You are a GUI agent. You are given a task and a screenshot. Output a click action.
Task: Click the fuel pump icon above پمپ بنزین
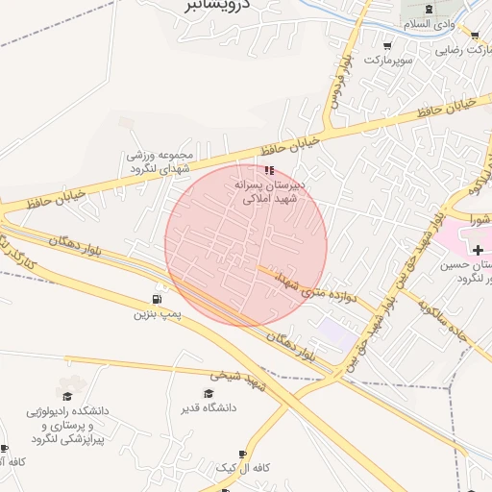157,298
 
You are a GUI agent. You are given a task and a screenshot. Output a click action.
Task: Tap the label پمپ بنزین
157,313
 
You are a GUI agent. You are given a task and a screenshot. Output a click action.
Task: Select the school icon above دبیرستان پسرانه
268,169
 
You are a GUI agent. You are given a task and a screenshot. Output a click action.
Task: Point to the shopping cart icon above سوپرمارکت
387,45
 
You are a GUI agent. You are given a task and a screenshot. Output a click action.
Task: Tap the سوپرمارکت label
387,60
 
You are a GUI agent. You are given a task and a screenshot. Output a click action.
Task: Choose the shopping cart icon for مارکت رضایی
474,36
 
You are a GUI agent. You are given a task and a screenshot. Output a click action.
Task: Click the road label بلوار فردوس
337,91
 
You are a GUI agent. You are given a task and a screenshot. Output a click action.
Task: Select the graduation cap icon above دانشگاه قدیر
208,393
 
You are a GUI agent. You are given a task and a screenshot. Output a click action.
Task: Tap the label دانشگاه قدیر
208,407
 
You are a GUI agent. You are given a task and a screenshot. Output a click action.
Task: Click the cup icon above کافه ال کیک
241,454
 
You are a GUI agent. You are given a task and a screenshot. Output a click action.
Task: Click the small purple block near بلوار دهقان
335,334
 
